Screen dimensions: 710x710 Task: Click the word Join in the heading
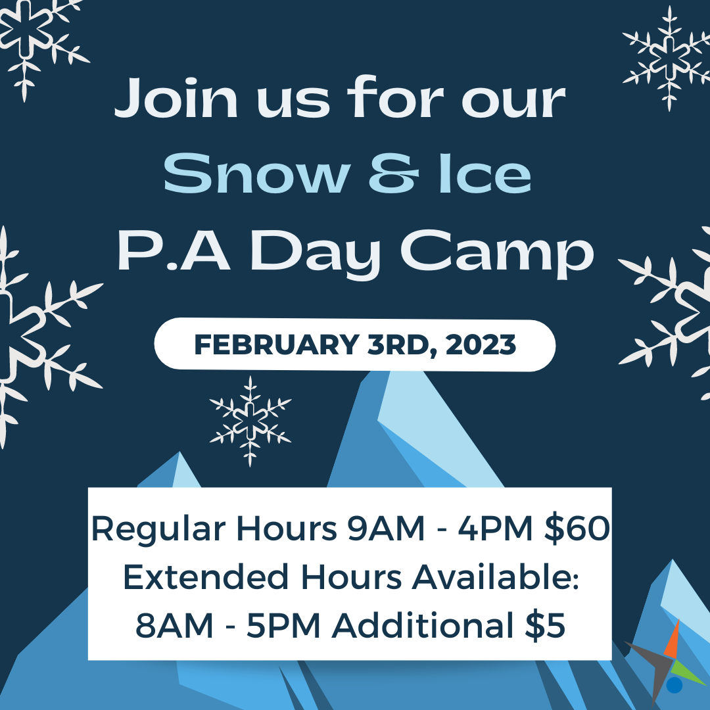pos(176,97)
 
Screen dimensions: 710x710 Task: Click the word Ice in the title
pos(485,174)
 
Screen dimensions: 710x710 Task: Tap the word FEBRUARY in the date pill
pos(277,344)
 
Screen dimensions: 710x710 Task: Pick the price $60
pos(577,528)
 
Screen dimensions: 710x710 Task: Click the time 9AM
pos(387,528)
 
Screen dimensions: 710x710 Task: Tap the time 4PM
pos(496,528)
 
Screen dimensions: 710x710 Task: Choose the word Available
pos(496,577)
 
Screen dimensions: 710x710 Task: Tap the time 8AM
pos(174,626)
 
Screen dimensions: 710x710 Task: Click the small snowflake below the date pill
pos(250,421)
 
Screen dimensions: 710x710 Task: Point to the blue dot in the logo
pos(674,685)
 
